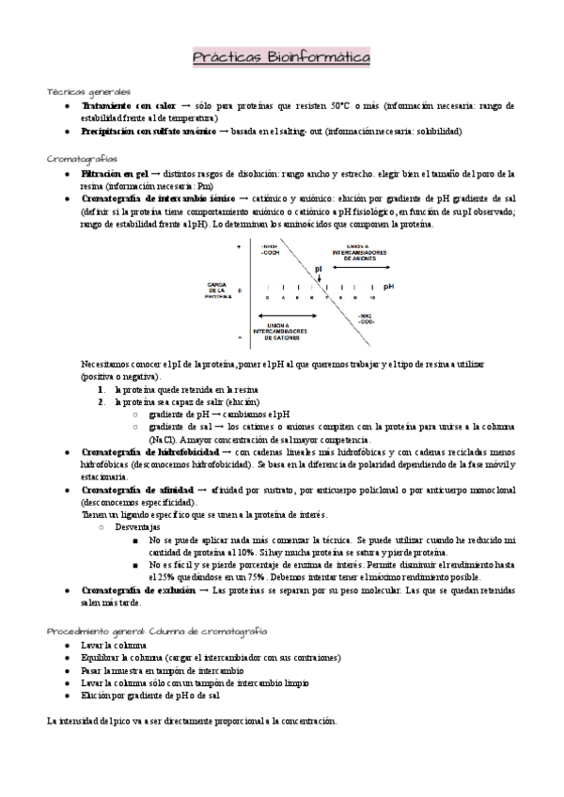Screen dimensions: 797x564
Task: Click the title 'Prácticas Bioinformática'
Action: (281, 59)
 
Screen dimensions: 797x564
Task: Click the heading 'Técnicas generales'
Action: (89, 92)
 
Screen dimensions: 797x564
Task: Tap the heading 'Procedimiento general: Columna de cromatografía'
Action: (156, 631)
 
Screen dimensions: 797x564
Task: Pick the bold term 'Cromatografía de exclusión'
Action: (138, 589)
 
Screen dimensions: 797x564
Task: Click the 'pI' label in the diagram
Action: (319, 268)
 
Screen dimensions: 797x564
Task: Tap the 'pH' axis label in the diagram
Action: (388, 287)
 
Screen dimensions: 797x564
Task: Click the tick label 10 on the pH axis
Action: (373, 297)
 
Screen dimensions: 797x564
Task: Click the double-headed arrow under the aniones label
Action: (361, 268)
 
